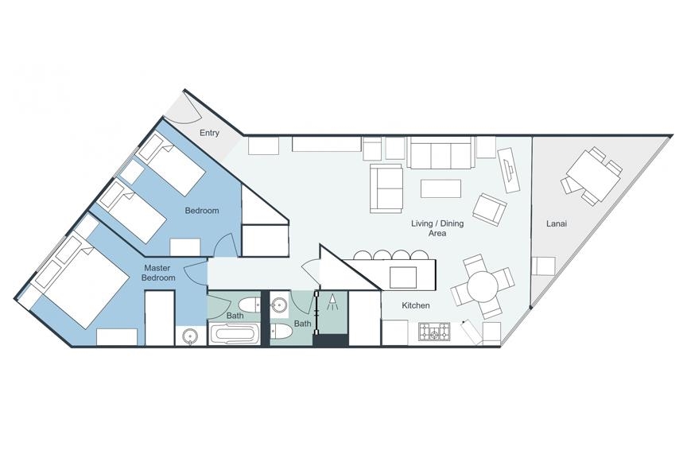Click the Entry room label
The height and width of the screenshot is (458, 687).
coord(209,133)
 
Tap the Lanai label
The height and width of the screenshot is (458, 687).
coord(557,223)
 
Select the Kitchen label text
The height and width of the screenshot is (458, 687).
coord(416,305)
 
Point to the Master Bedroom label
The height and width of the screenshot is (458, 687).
coord(160,273)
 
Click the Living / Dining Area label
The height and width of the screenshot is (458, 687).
coord(437,228)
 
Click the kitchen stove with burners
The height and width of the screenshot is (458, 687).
coord(434,332)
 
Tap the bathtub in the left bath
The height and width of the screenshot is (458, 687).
coord(233,334)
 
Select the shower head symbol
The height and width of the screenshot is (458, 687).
coord(333,302)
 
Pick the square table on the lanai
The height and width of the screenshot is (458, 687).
coord(592,176)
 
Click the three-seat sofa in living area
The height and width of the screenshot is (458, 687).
coord(441,152)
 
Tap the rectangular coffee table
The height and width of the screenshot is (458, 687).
coord(441,188)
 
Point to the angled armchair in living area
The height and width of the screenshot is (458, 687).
coord(489,209)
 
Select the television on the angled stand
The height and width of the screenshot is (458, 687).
coord(510,169)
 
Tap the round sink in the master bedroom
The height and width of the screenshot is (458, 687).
coord(190,337)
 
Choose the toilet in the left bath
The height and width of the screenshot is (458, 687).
coord(248,304)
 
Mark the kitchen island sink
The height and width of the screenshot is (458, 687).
coord(403,277)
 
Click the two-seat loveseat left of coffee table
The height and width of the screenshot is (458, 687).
coord(386,188)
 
